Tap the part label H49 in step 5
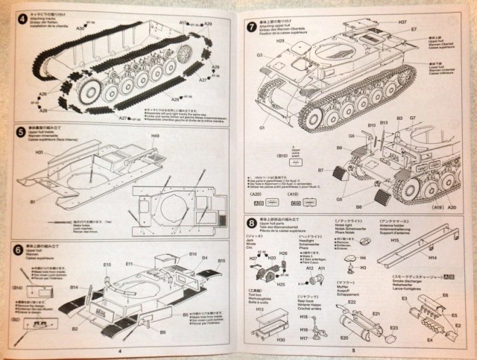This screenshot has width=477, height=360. pyautogui.click(x=155, y=136)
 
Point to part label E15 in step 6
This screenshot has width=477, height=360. pyautogui.click(x=106, y=265)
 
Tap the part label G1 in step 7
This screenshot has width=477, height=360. pyautogui.click(x=262, y=128)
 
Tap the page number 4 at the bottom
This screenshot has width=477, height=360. pyautogui.click(x=119, y=350)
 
